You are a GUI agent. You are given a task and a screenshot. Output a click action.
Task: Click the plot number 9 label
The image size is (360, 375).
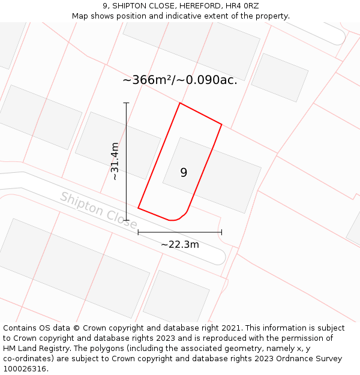pos(184,173)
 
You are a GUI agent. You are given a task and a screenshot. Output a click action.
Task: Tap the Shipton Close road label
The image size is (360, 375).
pos(98,211)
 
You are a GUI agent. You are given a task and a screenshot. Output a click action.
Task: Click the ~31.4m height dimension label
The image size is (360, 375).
pos(115,161)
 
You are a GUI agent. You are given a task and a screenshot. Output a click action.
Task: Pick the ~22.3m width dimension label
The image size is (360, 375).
pos(180,244)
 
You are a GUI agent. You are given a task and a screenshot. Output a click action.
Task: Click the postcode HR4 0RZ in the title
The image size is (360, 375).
pos(242,6)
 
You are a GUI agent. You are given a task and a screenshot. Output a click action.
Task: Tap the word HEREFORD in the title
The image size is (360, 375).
pos(198,6)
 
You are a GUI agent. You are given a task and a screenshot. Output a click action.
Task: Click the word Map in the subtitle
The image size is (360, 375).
pos(81,16)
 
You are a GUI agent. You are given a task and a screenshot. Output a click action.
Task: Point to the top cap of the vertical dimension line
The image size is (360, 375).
pos(126,103)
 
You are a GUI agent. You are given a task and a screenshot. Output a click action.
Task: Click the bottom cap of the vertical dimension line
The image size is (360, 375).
pos(126,220)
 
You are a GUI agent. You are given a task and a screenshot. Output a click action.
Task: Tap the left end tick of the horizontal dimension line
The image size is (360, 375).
pos(138,232)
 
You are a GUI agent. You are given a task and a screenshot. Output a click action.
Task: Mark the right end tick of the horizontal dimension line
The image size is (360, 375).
pos(221,232)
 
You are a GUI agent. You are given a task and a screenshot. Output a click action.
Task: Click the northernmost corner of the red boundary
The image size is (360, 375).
pos(180,103)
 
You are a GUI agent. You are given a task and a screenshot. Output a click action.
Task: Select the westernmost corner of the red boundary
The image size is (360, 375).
pos(138,208)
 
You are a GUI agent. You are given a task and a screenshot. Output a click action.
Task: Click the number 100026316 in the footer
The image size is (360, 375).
pos(24,369)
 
